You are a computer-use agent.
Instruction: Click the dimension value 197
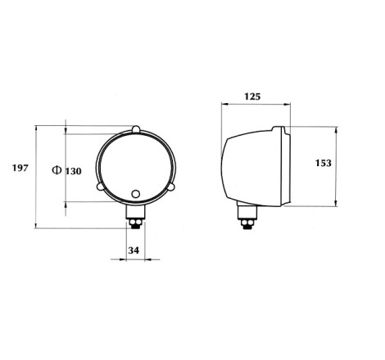(x=20, y=168)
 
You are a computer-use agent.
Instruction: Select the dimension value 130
(x=73, y=171)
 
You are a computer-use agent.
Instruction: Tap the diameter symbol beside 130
(x=57, y=170)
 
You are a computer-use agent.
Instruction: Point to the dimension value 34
(x=134, y=250)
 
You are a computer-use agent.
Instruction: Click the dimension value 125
(x=252, y=97)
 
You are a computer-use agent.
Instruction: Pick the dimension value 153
(x=324, y=163)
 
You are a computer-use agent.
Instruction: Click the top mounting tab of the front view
(x=136, y=129)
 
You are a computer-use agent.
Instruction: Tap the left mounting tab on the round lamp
(x=100, y=187)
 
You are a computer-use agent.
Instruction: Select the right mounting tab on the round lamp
(x=171, y=187)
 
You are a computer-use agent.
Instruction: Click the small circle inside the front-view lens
(x=136, y=194)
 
